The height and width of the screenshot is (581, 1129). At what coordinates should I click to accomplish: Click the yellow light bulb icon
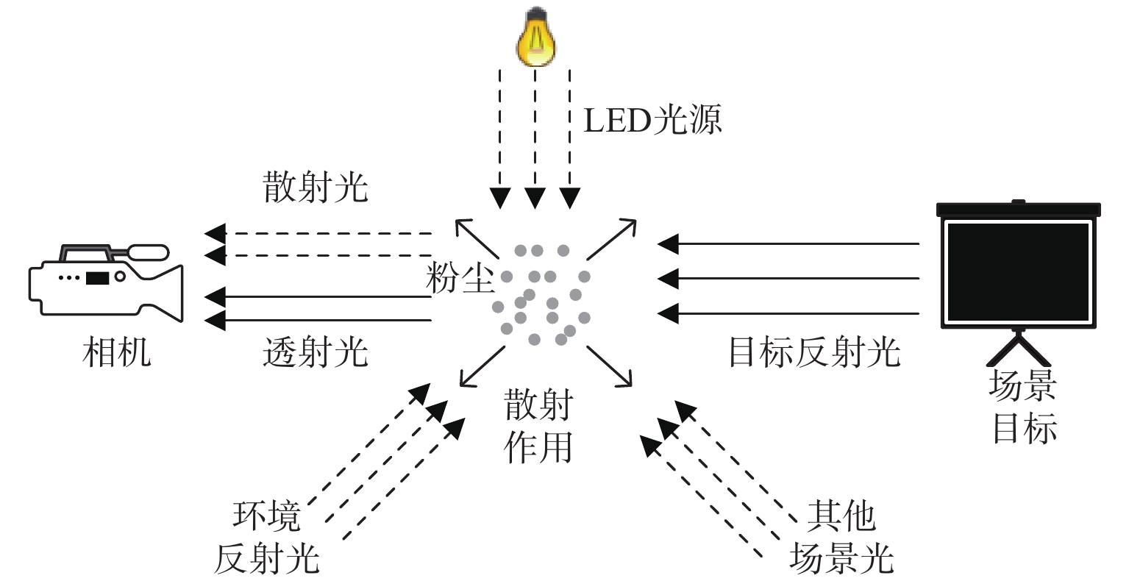(535, 37)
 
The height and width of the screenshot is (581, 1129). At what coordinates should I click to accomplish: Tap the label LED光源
(652, 120)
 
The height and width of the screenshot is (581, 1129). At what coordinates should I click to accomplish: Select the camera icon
(106, 282)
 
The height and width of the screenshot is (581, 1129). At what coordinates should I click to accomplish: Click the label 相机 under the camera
(116, 352)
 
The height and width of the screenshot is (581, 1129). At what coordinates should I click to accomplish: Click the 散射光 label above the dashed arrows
(316, 187)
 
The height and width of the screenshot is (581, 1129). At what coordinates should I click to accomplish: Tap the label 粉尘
(459, 278)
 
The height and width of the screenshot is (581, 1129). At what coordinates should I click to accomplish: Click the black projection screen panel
(1019, 272)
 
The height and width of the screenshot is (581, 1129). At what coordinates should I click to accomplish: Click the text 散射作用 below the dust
(538, 426)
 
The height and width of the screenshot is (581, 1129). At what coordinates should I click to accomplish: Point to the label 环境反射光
(267, 537)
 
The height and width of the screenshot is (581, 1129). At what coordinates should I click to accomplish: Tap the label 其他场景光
(841, 537)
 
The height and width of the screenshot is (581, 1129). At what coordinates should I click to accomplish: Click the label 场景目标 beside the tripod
(1023, 406)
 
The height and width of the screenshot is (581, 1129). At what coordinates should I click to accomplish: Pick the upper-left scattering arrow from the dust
(477, 239)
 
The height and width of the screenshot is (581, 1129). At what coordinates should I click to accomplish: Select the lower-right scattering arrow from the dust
(609, 366)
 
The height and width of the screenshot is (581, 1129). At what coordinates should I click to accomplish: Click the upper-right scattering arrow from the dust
(611, 239)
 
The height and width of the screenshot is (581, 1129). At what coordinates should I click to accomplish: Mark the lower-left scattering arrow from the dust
(482, 366)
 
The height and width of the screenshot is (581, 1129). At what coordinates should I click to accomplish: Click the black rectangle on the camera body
(97, 278)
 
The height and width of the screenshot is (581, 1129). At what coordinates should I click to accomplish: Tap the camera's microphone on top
(149, 252)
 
